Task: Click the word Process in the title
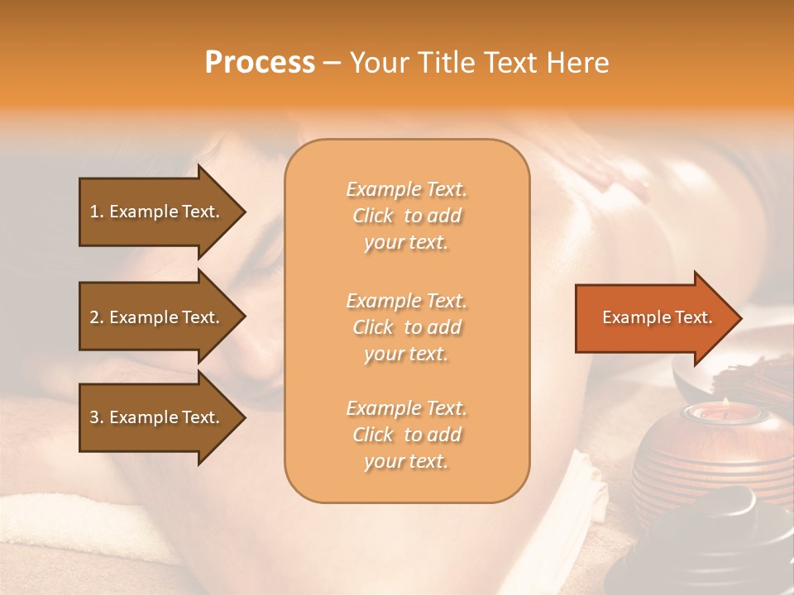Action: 260,63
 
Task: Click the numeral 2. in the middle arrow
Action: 97,317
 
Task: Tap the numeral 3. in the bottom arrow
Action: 97,417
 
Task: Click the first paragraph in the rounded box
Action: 406,216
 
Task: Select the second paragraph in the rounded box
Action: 406,327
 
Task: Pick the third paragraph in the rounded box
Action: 406,435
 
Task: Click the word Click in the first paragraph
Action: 373,216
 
